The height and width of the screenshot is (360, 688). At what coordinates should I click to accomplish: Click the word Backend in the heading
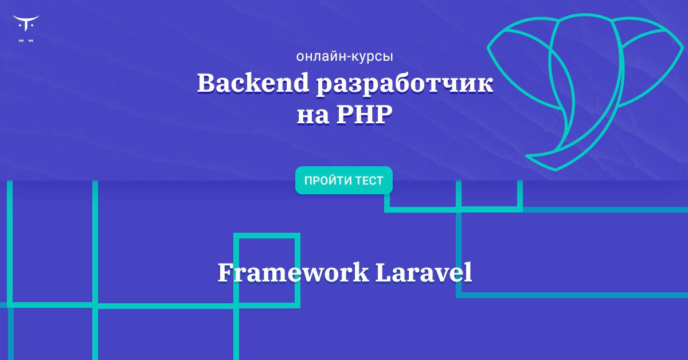tap(253, 83)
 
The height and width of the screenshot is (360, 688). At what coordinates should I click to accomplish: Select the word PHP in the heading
tap(364, 115)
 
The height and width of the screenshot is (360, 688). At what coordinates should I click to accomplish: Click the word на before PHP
tap(312, 118)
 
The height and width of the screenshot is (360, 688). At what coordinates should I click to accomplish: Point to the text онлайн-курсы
tap(345, 57)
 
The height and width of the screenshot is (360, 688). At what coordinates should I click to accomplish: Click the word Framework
tap(293, 272)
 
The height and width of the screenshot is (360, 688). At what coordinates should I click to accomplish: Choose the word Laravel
tap(424, 272)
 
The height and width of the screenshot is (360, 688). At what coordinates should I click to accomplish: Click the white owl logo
tap(26, 24)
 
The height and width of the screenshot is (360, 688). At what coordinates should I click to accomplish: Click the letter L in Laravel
tap(385, 272)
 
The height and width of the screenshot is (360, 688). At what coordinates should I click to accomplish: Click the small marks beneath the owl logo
tap(26, 41)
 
